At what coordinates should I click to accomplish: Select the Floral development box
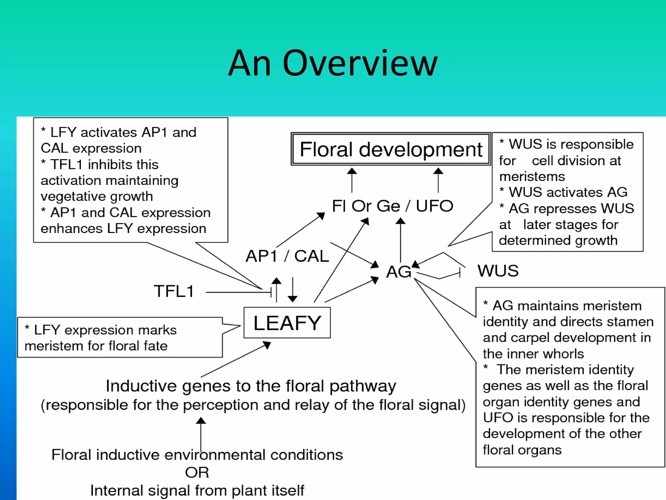point(391,149)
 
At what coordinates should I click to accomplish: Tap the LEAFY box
point(287,323)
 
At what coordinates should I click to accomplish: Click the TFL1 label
point(174,291)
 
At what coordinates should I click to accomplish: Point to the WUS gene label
point(498,271)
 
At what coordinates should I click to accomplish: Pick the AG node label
point(398,271)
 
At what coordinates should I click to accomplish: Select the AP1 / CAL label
point(287,256)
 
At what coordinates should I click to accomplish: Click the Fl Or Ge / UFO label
point(392,206)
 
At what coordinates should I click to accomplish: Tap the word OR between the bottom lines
point(197,472)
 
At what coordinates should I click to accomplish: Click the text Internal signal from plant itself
point(197,490)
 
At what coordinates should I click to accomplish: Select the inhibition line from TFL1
point(239,292)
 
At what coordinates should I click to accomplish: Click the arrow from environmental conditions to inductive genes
point(201,435)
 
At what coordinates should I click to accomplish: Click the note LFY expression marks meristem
point(101,338)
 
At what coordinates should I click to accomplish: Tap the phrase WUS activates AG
point(568,192)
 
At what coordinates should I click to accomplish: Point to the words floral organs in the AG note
point(522,450)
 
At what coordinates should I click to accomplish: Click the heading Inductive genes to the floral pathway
point(251,386)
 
